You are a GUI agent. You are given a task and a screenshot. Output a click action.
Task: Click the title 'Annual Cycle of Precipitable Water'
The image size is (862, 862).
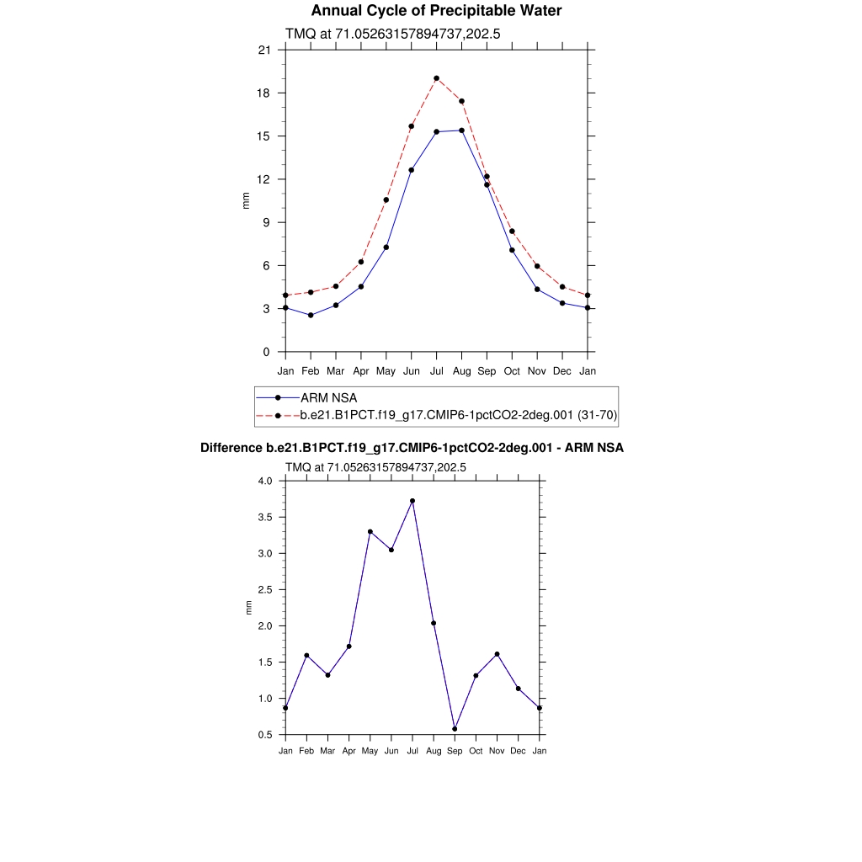(x=436, y=11)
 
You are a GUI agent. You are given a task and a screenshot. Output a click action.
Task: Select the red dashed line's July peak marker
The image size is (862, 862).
(x=437, y=78)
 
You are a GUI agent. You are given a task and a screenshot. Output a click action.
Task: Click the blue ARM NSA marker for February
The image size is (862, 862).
(x=311, y=315)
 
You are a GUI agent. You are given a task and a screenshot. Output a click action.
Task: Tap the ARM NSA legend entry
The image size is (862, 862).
(x=336, y=397)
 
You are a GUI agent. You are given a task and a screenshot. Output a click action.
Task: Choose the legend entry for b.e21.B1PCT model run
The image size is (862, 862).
(x=459, y=415)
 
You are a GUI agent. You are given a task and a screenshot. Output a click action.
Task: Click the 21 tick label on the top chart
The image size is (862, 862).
(x=265, y=51)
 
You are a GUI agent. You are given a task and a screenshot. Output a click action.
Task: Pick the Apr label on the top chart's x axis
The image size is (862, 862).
(x=361, y=370)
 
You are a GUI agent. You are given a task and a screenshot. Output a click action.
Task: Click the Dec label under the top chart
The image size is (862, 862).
(x=563, y=370)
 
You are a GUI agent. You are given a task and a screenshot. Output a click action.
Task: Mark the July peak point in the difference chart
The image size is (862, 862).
(x=412, y=501)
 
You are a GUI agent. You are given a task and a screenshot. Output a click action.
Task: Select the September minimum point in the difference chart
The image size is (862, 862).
(x=455, y=729)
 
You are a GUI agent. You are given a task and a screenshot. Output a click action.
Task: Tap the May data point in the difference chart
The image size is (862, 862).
(x=370, y=532)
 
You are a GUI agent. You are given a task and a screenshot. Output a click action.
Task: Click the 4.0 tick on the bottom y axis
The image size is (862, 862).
(x=266, y=482)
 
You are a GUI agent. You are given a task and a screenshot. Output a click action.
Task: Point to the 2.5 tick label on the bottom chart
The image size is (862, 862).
(x=266, y=590)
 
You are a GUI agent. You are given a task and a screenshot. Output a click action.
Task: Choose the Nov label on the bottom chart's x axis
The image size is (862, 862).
(x=497, y=751)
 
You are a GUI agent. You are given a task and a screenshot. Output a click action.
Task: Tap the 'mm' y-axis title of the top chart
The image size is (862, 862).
(x=246, y=201)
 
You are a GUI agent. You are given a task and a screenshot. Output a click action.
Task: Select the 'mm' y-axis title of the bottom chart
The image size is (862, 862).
(x=248, y=608)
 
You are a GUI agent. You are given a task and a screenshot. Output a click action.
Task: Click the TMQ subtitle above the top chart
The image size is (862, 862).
(x=394, y=34)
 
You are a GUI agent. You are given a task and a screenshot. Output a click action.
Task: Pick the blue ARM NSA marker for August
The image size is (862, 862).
(x=462, y=130)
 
